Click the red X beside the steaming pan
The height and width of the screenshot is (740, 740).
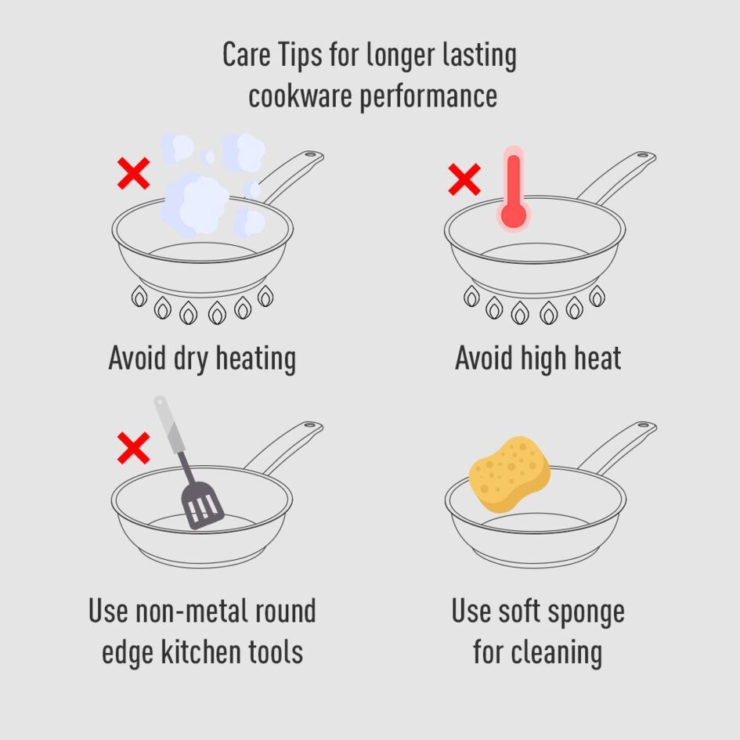tap(134, 173)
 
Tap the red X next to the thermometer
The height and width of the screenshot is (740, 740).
tap(464, 179)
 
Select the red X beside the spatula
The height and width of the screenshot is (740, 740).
tap(134, 448)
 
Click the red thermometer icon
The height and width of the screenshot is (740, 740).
tap(514, 189)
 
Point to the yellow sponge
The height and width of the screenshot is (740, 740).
tap(510, 474)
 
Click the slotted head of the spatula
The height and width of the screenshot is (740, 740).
tap(203, 505)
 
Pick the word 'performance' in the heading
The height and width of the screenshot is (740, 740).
tap(428, 98)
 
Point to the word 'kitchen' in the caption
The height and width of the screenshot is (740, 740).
tap(201, 652)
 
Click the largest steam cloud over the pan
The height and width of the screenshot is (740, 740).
tap(194, 204)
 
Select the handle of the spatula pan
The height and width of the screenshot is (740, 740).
tap(283, 447)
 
